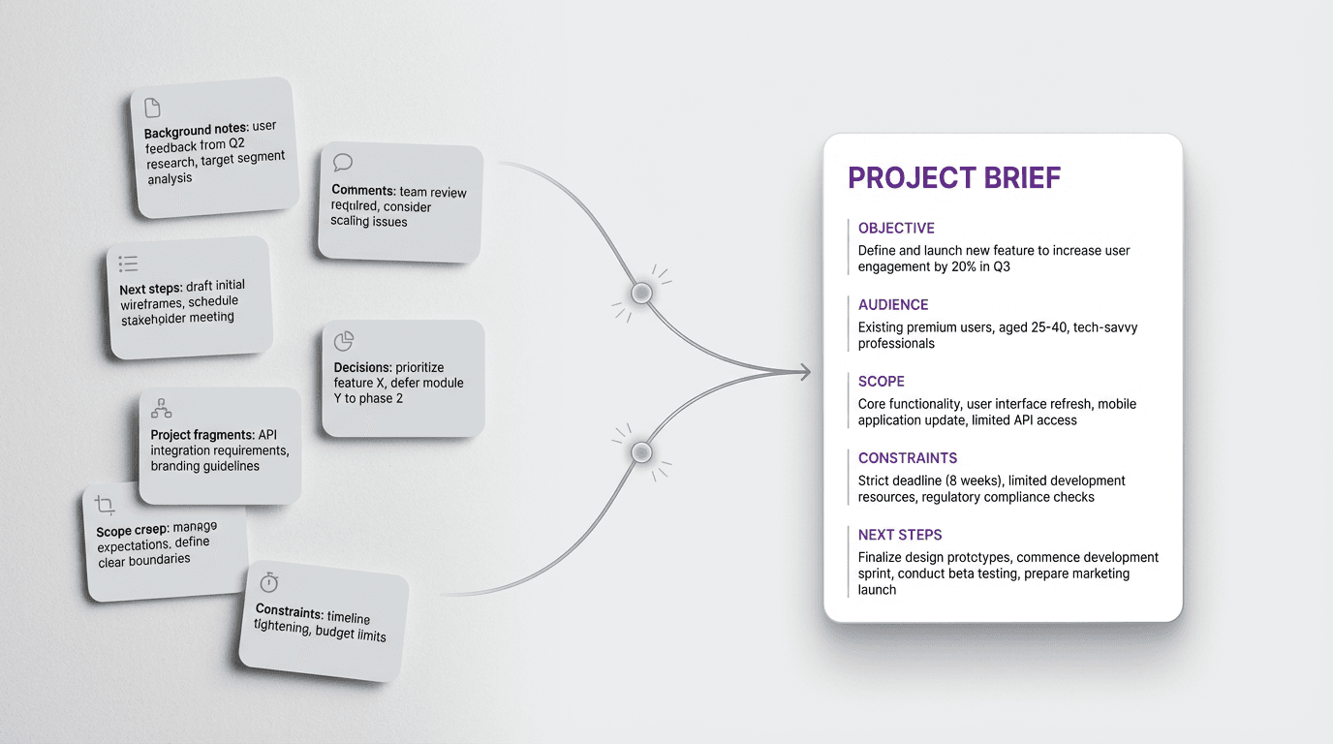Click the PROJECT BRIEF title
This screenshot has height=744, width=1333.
953,178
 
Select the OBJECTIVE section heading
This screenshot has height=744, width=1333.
896,229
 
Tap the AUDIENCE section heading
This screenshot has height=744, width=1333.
893,305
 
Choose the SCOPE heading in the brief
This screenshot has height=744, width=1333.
882,382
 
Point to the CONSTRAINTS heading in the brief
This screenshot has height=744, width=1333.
908,458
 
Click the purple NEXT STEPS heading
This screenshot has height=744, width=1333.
900,535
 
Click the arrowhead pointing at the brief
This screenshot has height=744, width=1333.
802,372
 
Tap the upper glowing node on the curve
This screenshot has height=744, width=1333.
640,293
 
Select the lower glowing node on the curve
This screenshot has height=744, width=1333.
640,451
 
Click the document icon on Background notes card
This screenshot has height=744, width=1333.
152,108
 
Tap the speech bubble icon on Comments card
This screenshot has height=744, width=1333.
342,163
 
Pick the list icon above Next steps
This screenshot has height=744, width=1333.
128,263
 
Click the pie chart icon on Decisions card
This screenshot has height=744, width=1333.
344,341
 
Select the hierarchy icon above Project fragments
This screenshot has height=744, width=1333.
162,409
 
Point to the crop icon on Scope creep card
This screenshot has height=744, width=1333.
106,505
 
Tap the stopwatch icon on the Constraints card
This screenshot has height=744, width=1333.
268,582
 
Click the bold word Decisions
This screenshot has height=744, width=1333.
362,368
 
